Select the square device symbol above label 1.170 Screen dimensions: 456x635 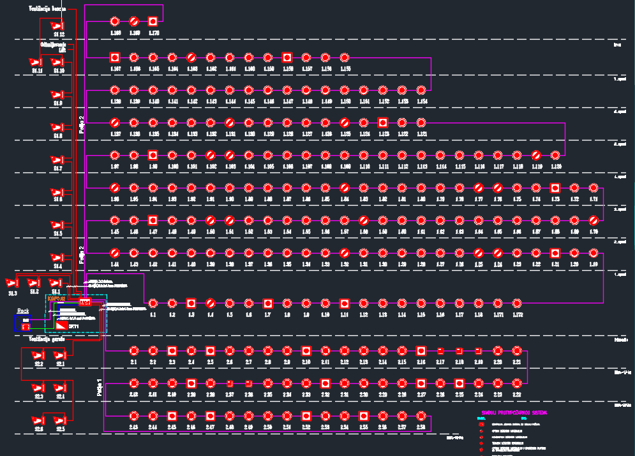153,22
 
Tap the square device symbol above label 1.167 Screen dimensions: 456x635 115,57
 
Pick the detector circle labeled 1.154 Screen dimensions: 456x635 421,91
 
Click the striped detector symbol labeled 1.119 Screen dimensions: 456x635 536,155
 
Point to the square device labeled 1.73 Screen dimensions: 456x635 555,188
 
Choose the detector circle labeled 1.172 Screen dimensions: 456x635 517,303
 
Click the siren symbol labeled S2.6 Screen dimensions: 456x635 38,420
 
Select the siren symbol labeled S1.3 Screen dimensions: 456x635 12,283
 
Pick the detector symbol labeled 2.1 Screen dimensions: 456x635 134,351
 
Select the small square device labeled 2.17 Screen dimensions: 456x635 440,351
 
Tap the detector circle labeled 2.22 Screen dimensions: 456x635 517,384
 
